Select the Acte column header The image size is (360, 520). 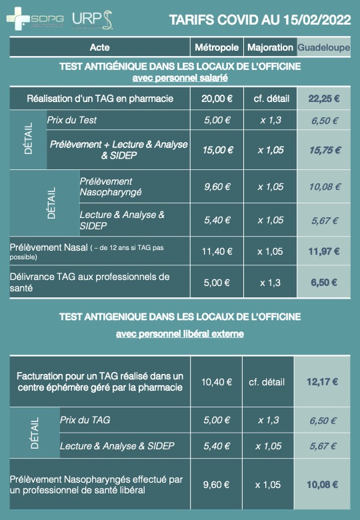point(99,47)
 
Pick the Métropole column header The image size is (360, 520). point(216,47)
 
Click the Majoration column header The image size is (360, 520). point(269,47)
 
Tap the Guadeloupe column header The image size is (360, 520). point(323,47)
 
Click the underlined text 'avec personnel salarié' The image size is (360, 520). point(180,77)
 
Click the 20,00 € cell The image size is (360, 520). point(216,99)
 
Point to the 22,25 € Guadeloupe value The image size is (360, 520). point(323,99)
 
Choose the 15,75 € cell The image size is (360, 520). point(323,150)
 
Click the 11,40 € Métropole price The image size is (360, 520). point(216,251)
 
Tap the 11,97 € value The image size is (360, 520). point(323,251)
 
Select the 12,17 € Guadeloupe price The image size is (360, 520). point(323,382)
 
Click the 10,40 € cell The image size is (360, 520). point(216,382)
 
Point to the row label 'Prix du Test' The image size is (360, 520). point(72,121)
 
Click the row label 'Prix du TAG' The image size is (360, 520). point(85,420)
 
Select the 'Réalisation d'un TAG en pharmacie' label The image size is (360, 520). point(100,99)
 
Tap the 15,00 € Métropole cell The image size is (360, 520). point(216,150)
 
